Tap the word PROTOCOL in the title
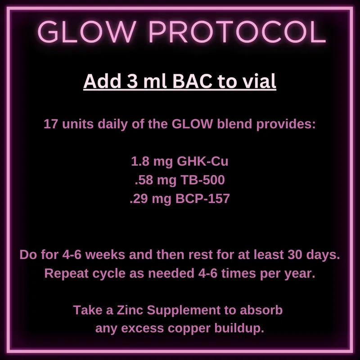pyautogui.click(x=238, y=31)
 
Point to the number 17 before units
pyautogui.click(x=51, y=124)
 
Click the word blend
pyautogui.click(x=234, y=124)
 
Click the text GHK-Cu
pyautogui.click(x=202, y=162)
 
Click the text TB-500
pyautogui.click(x=202, y=180)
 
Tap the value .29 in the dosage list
pyautogui.click(x=139, y=198)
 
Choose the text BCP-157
pyautogui.click(x=202, y=198)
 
